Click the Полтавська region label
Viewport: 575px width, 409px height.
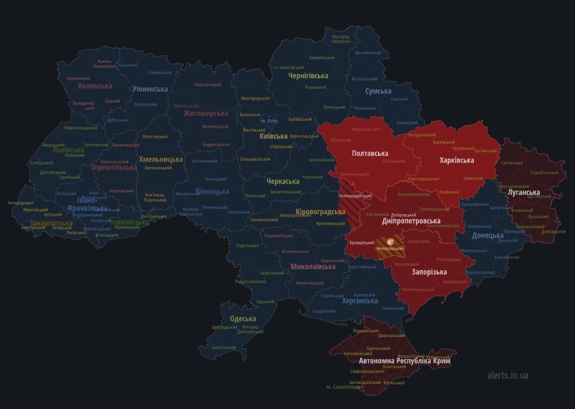pyautogui.click(x=369, y=153)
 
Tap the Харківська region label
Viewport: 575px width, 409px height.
pyautogui.click(x=456, y=160)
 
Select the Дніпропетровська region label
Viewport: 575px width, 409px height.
pyautogui.click(x=411, y=220)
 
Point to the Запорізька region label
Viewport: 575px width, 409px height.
pyautogui.click(x=429, y=272)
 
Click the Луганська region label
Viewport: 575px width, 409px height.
pyautogui.click(x=524, y=192)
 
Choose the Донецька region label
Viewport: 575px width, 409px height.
pyautogui.click(x=488, y=235)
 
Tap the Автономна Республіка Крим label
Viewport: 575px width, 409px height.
pyautogui.click(x=405, y=361)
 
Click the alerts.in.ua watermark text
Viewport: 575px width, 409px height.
pyautogui.click(x=507, y=375)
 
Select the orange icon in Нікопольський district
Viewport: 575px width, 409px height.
pyautogui.click(x=390, y=241)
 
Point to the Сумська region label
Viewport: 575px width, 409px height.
pyautogui.click(x=378, y=92)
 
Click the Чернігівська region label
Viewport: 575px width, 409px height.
pyautogui.click(x=308, y=76)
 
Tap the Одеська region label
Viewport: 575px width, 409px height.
pyautogui.click(x=243, y=318)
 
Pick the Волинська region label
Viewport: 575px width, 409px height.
pyautogui.click(x=95, y=86)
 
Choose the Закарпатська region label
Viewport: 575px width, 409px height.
pyautogui.click(x=51, y=223)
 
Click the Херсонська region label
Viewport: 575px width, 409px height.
pyautogui.click(x=360, y=301)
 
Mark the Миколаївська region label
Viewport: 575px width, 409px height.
pyautogui.click(x=313, y=266)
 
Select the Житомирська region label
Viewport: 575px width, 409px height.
pyautogui.click(x=206, y=113)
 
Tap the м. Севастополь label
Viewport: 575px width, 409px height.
pyautogui.click(x=344, y=387)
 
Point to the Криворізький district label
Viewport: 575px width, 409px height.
pyautogui.click(x=361, y=243)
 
